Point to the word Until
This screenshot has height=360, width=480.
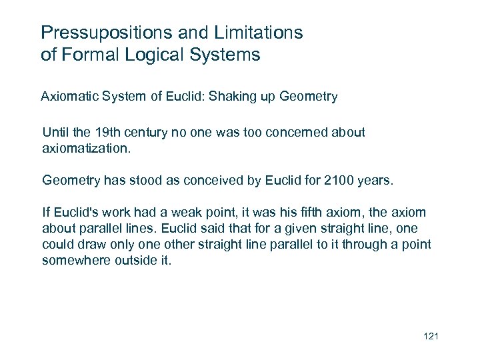pyautogui.click(x=55, y=132)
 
